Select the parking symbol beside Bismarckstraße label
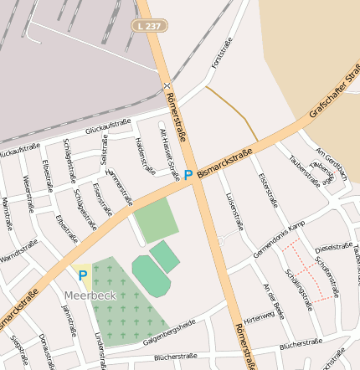click(188, 174)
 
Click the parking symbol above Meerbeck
click(82, 274)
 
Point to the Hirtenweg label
click(259, 316)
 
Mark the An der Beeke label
click(275, 301)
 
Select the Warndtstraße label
click(18, 250)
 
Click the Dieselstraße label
click(334, 248)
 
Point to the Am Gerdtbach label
click(332, 164)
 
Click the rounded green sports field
click(150, 275)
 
